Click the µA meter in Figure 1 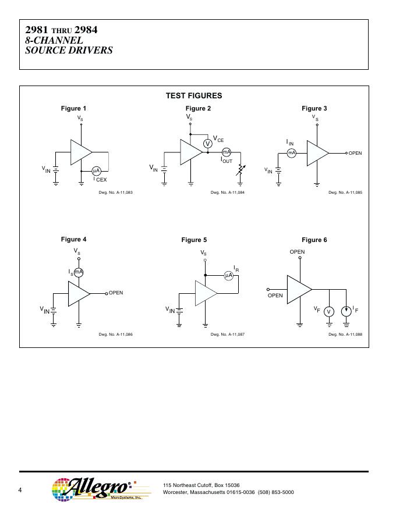[x=96, y=171]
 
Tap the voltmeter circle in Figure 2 [x=207, y=143]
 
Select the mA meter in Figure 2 [x=227, y=152]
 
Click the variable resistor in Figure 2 [x=240, y=170]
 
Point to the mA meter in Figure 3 [x=291, y=153]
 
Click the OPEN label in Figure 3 [x=355, y=153]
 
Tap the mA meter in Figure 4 [x=79, y=272]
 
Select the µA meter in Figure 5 [x=229, y=276]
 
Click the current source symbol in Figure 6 [x=346, y=311]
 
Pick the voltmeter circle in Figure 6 [x=328, y=312]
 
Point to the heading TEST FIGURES [x=194, y=95]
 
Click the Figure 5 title [x=194, y=240]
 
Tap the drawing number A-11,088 [x=345, y=335]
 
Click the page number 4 [x=20, y=490]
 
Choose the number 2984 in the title [x=86, y=30]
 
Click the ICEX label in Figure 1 [x=100, y=179]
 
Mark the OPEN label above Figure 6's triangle [x=297, y=252]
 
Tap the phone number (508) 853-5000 [x=276, y=492]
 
